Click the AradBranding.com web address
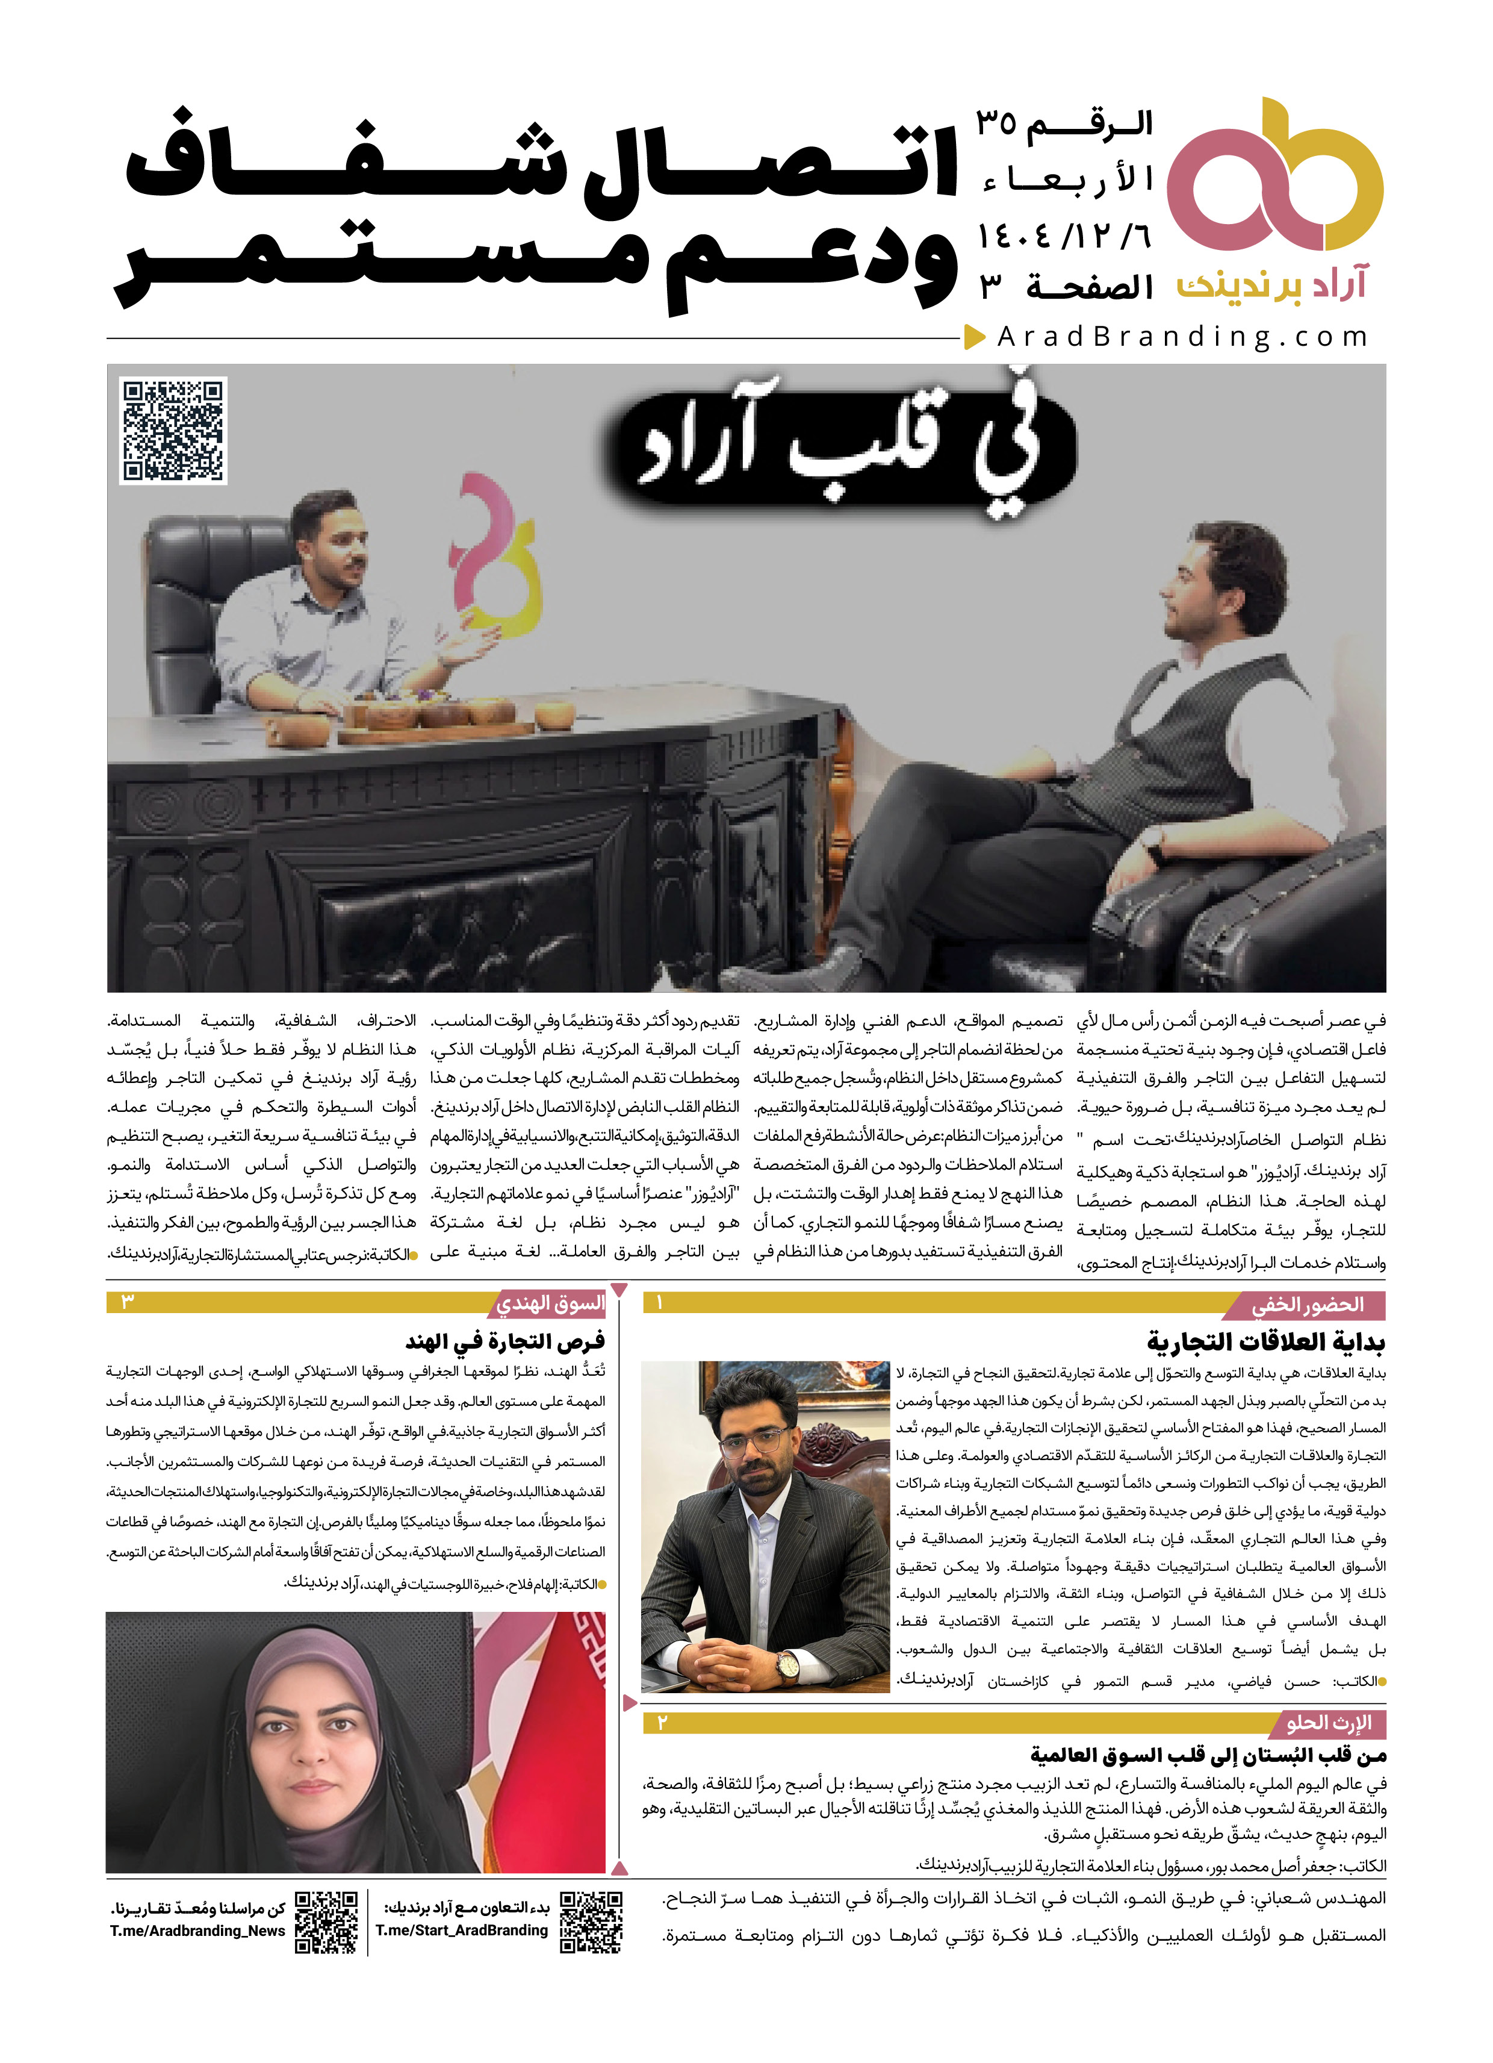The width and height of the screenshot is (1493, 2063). (1182, 337)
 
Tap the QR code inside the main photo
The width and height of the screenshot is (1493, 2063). (173, 429)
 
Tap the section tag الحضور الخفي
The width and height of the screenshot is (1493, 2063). (1308, 1305)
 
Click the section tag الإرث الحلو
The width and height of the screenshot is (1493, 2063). (1329, 1723)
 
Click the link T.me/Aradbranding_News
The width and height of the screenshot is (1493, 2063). (197, 1930)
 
